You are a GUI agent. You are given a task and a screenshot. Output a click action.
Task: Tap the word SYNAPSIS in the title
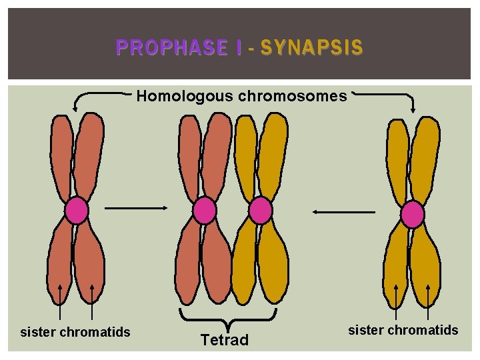(311, 47)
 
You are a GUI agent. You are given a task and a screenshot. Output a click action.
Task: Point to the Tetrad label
(225, 340)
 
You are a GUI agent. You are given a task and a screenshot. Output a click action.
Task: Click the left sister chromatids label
(75, 331)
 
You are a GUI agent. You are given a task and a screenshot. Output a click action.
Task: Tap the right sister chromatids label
(403, 329)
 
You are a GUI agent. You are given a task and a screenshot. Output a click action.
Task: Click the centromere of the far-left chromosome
(77, 211)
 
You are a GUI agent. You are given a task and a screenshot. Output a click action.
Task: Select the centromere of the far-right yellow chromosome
(413, 215)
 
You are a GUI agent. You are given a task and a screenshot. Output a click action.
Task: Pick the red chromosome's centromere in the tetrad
(205, 211)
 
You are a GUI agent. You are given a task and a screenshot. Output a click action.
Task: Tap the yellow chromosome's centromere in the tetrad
(260, 211)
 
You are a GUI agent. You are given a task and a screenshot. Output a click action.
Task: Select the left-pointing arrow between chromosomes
(344, 211)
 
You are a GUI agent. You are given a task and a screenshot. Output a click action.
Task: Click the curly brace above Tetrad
(227, 317)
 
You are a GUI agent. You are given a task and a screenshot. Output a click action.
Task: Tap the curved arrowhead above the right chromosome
(414, 109)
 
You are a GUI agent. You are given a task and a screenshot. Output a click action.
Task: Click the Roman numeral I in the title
(238, 47)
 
